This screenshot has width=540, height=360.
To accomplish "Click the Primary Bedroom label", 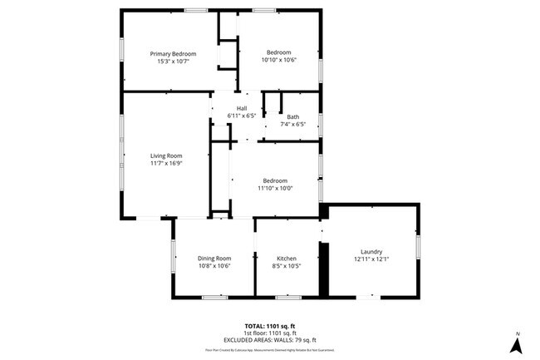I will tap(173, 54).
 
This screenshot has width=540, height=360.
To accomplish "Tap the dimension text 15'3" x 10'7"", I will tap(173, 62).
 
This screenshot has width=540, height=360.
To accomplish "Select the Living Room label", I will tap(166, 155).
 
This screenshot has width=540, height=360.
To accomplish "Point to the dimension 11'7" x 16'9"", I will tap(166, 163).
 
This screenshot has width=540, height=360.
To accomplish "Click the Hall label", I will tap(242, 108).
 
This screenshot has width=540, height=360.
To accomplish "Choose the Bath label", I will tap(293, 117).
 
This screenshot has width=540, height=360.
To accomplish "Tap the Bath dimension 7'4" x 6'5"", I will tap(293, 125).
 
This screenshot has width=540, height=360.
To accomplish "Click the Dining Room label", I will tap(214, 258).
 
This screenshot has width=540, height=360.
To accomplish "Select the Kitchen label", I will tap(287, 258).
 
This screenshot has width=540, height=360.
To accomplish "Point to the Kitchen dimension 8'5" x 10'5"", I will tap(287, 266).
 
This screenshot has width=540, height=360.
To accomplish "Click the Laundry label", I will tap(371, 251).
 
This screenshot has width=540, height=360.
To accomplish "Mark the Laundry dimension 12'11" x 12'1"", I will tap(371, 259).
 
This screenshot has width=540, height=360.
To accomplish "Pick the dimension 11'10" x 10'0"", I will tap(275, 189).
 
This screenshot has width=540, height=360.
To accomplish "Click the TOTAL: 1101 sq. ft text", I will tap(269, 325).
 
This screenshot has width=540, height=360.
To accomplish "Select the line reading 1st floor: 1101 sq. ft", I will tap(269, 333).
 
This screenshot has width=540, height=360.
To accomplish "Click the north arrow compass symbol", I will tap(517, 348).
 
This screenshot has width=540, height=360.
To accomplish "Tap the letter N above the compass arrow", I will tap(517, 334).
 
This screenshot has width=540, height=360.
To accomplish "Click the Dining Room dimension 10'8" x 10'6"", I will tap(214, 266).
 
